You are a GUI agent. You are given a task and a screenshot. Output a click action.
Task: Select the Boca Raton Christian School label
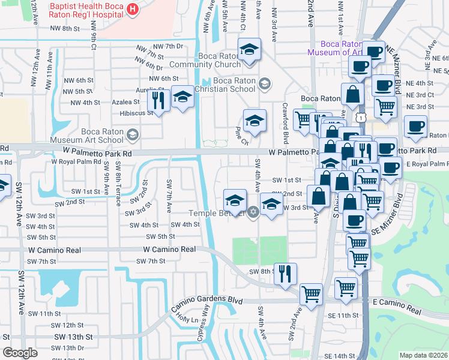tap(226, 85)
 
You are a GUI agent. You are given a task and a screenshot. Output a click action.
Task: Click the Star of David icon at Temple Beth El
tap(253, 211)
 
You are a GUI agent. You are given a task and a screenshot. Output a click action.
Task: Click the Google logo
tap(20, 352)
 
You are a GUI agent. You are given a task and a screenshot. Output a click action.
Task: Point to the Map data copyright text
tap(424, 355)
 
